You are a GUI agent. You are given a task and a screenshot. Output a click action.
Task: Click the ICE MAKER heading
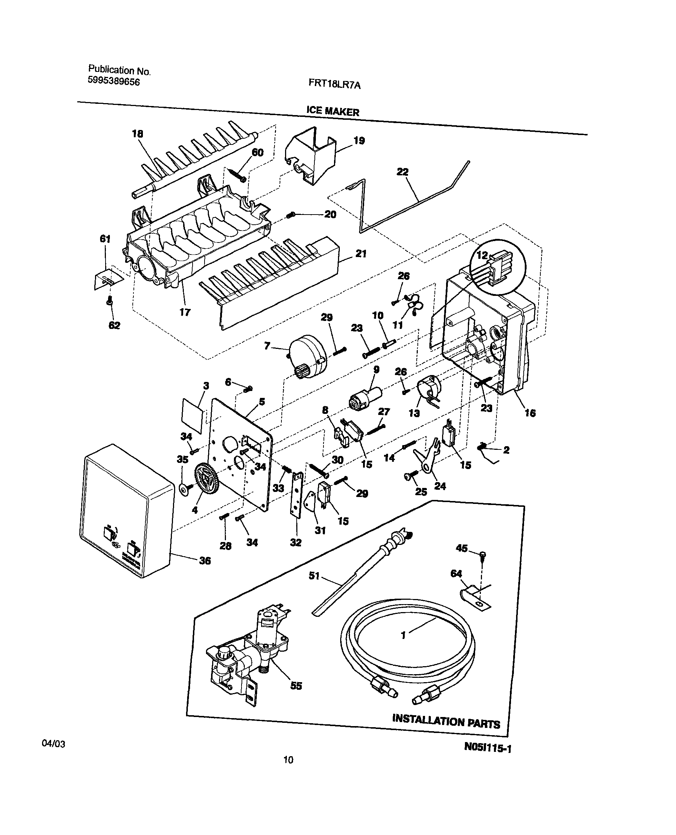tap(333, 111)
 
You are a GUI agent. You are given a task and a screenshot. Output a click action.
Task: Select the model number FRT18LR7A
tap(334, 84)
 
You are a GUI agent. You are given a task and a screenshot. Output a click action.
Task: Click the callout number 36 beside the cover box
tap(205, 561)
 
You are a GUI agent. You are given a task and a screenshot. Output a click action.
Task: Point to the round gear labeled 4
tap(206, 483)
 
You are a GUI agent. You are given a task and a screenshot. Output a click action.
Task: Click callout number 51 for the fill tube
tap(314, 575)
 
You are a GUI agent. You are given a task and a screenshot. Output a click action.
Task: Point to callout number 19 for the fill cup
tap(359, 140)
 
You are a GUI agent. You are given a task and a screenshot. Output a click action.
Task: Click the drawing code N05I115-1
tap(487, 747)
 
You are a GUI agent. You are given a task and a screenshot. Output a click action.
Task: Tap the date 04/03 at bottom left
tap(53, 744)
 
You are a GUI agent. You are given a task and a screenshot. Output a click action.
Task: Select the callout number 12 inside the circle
tap(482, 255)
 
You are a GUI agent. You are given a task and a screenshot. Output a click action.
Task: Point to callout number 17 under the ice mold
tap(185, 312)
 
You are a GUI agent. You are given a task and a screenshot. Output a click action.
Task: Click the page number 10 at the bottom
tap(288, 759)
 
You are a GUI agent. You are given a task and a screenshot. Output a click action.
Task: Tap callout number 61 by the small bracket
tap(105, 239)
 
